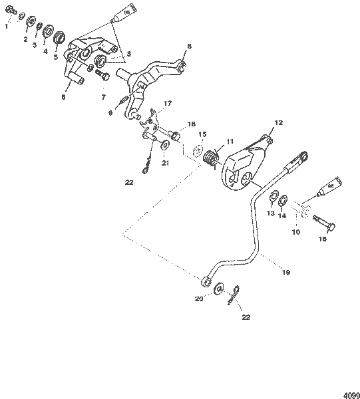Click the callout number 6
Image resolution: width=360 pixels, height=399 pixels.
[x=63, y=97]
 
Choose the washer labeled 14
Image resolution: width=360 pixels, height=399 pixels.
[x=283, y=199]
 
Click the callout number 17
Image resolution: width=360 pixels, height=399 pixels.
[x=166, y=104]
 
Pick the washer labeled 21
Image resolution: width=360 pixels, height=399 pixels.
[x=164, y=144]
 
